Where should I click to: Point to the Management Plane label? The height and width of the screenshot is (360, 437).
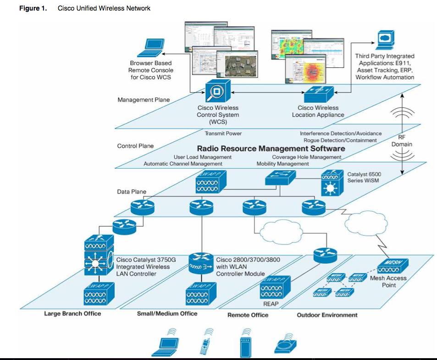[x=144, y=100]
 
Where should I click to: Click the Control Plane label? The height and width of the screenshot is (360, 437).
[x=135, y=146]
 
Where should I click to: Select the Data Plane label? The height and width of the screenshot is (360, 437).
[x=132, y=192]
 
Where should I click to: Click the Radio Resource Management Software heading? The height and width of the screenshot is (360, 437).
[x=271, y=149]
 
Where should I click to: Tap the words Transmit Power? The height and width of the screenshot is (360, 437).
[x=223, y=133]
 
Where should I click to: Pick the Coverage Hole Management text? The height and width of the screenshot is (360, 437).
[x=306, y=157]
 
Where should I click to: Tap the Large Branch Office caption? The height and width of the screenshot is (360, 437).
[x=72, y=314]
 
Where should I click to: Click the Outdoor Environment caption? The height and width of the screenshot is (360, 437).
[x=327, y=315]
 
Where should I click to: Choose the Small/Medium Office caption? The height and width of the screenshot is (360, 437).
[x=167, y=313]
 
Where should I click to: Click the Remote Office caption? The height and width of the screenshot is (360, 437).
[x=248, y=315]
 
